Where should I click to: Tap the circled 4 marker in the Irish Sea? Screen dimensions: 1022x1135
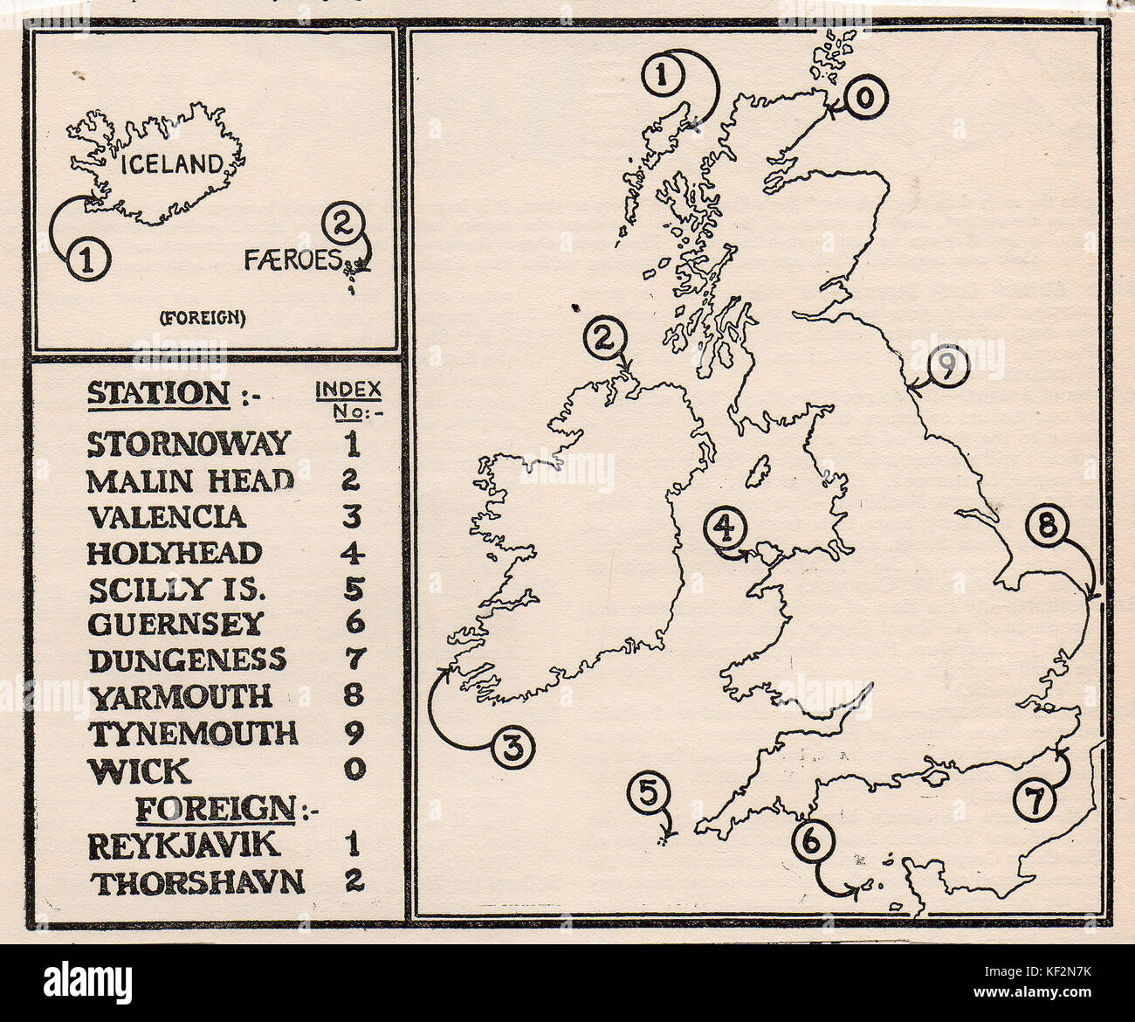pos(726,527)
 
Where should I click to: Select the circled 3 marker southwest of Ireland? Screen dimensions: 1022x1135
pos(514,747)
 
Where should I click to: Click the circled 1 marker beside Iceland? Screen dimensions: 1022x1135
pos(87,259)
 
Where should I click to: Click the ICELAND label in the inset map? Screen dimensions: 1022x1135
pos(172,163)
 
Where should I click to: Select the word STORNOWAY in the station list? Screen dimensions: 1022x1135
pos(189,444)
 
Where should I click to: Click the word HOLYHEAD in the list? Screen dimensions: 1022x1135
pos(175,554)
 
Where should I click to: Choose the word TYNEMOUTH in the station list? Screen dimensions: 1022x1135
pos(193,734)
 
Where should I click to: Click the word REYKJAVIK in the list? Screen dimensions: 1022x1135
pos(183,846)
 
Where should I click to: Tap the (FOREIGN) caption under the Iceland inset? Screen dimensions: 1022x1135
pos(203,318)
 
